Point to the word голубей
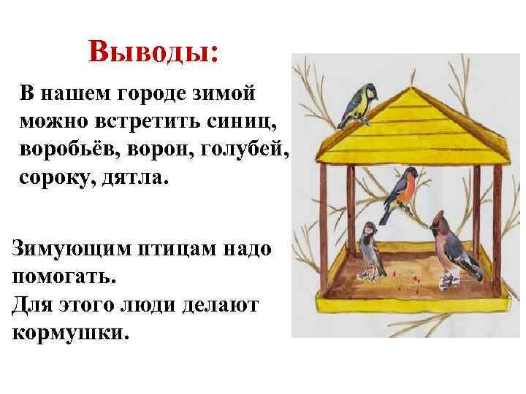click(248, 148)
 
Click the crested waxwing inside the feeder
click(451, 244)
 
